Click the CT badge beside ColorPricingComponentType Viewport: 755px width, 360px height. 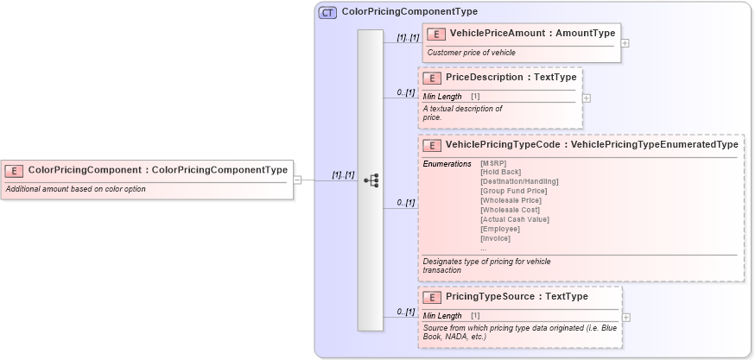pyautogui.click(x=327, y=12)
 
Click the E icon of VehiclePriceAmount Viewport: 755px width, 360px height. pyautogui.click(x=437, y=34)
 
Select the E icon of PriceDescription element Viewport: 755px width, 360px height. pyautogui.click(x=433, y=78)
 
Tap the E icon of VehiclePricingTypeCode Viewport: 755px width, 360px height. pyautogui.click(x=433, y=146)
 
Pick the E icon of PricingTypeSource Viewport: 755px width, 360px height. pyautogui.click(x=433, y=297)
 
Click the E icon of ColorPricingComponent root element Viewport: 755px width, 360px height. pyautogui.click(x=16, y=171)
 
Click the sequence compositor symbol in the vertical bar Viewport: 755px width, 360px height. pyautogui.click(x=371, y=180)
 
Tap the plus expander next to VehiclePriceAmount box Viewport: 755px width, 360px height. pyautogui.click(x=625, y=43)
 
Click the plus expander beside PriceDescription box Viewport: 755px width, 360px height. pyautogui.click(x=587, y=98)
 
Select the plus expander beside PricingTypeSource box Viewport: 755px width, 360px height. pyautogui.click(x=626, y=317)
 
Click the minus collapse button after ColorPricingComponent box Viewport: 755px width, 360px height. pyautogui.click(x=297, y=180)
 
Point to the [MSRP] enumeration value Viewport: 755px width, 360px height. pyautogui.click(x=493, y=163)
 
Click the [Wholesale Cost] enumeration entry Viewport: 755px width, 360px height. pyautogui.click(x=510, y=210)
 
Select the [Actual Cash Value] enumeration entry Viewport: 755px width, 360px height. pyautogui.click(x=514, y=219)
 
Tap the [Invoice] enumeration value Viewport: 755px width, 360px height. pyautogui.click(x=495, y=238)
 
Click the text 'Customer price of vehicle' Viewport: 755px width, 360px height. pyautogui.click(x=471, y=53)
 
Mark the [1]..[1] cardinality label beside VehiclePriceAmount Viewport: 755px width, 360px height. pyautogui.click(x=408, y=38)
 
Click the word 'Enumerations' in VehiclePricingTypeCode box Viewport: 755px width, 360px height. pyautogui.click(x=447, y=163)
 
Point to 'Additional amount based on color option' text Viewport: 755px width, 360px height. pyautogui.click(x=75, y=189)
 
